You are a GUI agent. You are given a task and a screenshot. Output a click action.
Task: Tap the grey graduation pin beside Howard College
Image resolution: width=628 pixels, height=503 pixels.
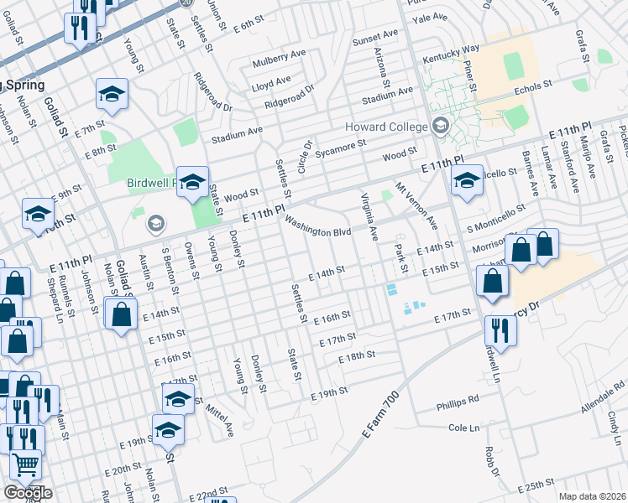[441, 127]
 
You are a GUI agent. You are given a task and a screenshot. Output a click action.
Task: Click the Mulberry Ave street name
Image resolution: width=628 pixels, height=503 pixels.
[280, 60]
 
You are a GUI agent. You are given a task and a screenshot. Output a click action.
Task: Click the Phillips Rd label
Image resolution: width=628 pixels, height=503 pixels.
[458, 404]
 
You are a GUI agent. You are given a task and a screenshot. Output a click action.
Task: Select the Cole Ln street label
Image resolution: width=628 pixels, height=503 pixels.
[463, 428]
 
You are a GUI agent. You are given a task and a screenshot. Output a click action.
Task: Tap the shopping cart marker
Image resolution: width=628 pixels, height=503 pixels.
[26, 464]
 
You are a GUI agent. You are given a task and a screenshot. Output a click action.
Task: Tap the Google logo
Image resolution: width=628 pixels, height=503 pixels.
[28, 493]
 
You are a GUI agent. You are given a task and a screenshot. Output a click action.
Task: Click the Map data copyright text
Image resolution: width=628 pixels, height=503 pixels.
[593, 496]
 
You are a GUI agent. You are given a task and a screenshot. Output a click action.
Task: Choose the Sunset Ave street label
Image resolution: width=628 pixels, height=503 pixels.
[375, 39]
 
